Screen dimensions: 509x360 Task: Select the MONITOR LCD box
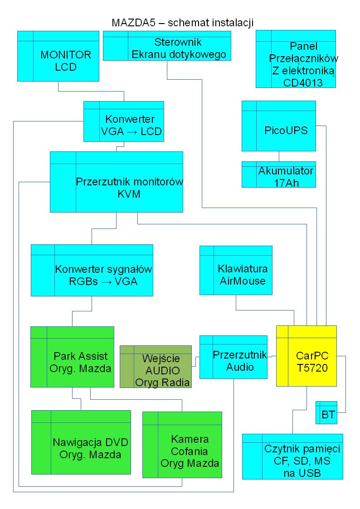(58, 56)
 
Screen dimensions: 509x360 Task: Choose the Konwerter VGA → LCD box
(123, 121)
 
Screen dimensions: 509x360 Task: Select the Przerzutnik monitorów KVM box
(116, 182)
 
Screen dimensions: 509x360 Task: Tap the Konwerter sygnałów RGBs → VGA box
(92, 270)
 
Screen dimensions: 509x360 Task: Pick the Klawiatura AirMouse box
(236, 270)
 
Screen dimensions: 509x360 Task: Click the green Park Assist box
(72, 356)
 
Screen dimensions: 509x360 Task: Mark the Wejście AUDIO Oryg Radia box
(156, 367)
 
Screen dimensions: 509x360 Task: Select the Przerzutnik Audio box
(233, 357)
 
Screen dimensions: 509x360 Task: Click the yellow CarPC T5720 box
(306, 356)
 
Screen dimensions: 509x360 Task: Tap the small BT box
(326, 412)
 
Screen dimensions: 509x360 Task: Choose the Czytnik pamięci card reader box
(292, 456)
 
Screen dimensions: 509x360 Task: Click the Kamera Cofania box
(182, 445)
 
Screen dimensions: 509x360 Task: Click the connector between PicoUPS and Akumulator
(278, 156)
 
